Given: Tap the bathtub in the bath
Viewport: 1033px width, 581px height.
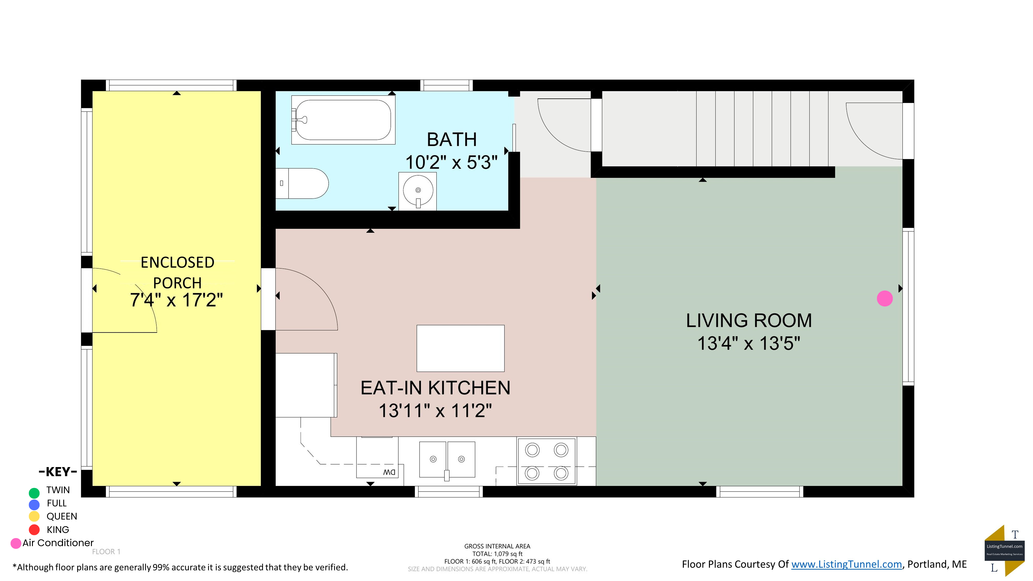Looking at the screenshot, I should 343,120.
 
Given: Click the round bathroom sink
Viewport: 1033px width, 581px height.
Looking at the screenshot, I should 417,191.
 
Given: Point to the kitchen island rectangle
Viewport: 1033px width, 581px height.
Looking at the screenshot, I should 460,348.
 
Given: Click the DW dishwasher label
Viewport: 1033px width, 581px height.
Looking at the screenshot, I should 389,472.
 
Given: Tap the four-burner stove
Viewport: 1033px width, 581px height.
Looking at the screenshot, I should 546,461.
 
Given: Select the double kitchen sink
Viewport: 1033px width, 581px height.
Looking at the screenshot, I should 447,460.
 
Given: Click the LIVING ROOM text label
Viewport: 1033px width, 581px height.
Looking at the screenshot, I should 748,320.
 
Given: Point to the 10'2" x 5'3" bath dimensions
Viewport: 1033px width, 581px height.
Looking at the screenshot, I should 451,162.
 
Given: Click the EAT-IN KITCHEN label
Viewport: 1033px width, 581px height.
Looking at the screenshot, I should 435,388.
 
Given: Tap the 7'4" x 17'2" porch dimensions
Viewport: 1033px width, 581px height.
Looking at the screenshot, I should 176,300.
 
